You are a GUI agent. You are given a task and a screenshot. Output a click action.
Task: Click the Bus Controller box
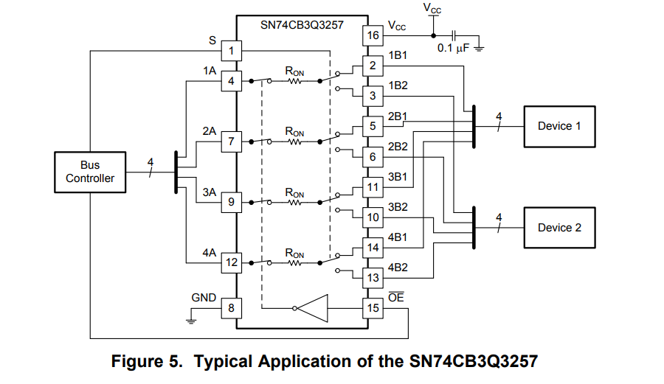(x=90, y=172)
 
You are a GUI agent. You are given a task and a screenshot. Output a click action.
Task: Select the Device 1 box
(x=558, y=126)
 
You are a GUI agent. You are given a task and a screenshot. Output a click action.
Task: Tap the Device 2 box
(x=558, y=227)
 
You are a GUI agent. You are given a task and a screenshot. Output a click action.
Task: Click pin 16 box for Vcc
(x=373, y=35)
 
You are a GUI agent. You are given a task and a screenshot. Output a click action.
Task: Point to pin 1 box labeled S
(x=232, y=51)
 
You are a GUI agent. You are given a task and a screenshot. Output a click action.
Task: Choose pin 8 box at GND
(x=232, y=307)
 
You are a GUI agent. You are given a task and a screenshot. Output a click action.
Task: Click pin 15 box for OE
(x=373, y=307)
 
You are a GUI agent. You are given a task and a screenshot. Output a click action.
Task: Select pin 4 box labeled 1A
(x=232, y=81)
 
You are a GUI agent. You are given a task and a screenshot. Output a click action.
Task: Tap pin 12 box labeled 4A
(x=232, y=262)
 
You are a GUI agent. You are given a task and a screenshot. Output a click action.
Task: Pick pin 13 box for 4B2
(x=373, y=277)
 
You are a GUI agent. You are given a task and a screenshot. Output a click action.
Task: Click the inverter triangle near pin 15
(x=313, y=307)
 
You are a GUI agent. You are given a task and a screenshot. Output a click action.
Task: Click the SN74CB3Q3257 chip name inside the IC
(x=302, y=24)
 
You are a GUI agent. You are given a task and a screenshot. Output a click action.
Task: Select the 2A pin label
(x=209, y=131)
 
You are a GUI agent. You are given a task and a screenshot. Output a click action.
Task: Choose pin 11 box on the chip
(x=373, y=186)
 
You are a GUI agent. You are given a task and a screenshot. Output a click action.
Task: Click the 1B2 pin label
(x=398, y=85)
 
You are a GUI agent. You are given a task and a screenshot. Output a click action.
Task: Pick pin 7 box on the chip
(x=232, y=141)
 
